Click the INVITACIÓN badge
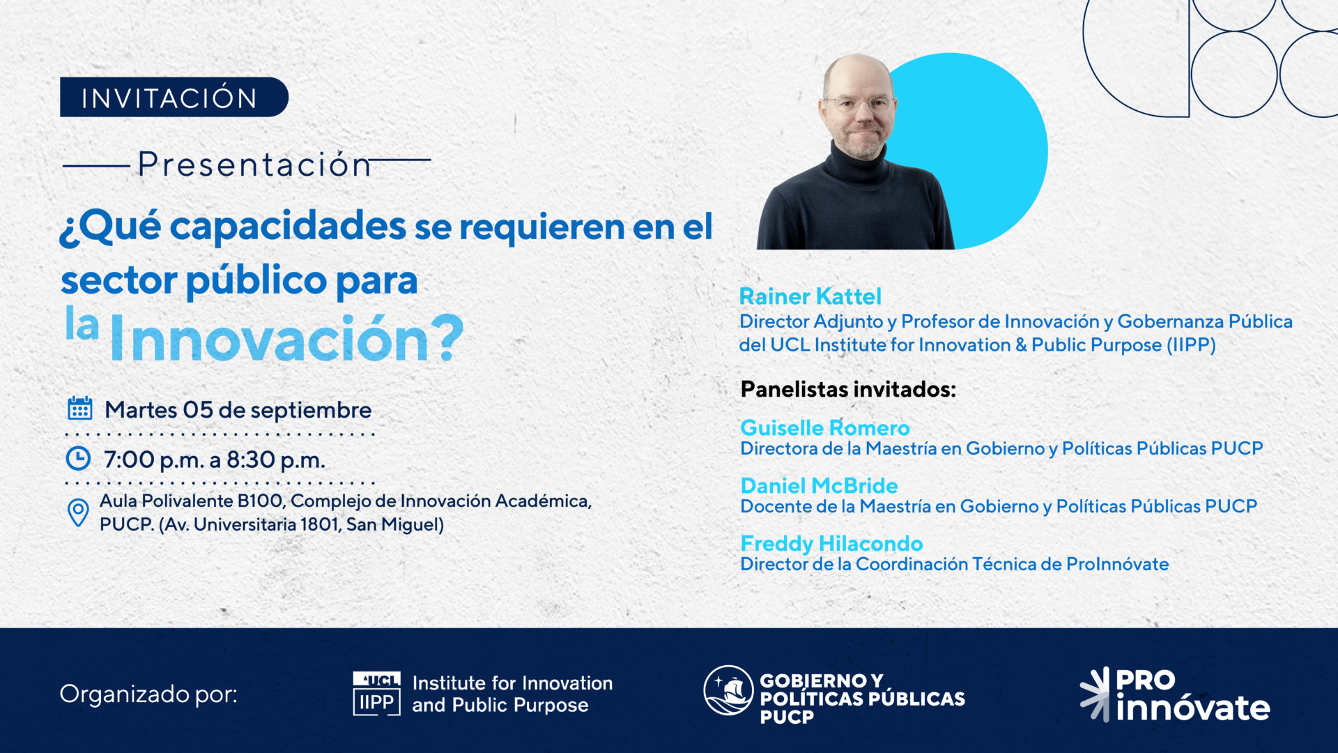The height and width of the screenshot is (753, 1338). (x=174, y=97)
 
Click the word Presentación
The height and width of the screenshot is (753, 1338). (x=254, y=165)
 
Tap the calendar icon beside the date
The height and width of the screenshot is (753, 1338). (x=80, y=409)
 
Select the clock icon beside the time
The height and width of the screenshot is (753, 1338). (x=78, y=458)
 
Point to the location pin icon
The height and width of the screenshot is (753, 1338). (x=78, y=512)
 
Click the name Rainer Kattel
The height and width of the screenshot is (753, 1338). (x=810, y=296)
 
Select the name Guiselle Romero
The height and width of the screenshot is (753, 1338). (x=825, y=427)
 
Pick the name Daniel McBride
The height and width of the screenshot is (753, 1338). (x=819, y=485)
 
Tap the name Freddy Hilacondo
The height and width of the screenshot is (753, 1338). (x=831, y=543)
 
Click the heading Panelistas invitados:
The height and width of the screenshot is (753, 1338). (x=848, y=389)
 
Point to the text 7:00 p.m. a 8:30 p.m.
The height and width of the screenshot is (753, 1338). (x=215, y=460)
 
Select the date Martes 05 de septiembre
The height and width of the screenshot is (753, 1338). (x=238, y=410)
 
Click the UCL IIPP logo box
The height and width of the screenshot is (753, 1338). (x=377, y=694)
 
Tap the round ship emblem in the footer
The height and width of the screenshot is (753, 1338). (x=728, y=690)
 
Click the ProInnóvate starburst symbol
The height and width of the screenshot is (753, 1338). (x=1095, y=694)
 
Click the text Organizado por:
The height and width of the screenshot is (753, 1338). (x=148, y=694)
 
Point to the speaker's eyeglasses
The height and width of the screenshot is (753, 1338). (x=858, y=105)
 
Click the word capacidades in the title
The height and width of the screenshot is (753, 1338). (x=288, y=227)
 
